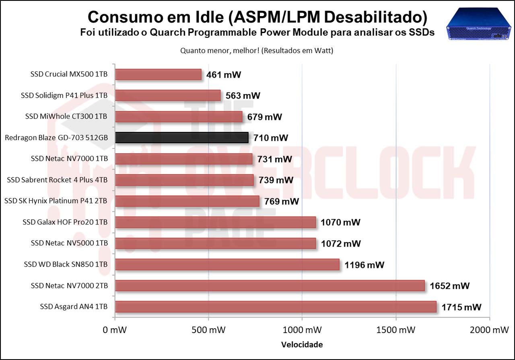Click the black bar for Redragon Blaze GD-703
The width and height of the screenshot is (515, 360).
(x=181, y=138)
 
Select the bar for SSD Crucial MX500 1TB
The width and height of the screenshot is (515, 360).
(x=158, y=75)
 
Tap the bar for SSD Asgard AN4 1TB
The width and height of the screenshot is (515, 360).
(x=276, y=307)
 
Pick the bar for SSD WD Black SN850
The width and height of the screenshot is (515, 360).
(x=227, y=265)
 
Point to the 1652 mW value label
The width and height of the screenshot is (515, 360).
(x=449, y=286)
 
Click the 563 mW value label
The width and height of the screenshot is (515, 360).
(x=243, y=96)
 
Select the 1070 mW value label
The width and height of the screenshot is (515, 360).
(x=340, y=222)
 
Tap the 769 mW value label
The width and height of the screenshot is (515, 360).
(x=282, y=201)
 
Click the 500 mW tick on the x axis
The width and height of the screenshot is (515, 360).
(x=208, y=330)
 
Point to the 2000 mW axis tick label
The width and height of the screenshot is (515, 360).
(x=489, y=330)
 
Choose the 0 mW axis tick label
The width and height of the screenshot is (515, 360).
(x=115, y=330)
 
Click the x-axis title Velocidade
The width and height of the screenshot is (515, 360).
(x=302, y=345)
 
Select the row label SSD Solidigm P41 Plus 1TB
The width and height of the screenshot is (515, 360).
(x=64, y=96)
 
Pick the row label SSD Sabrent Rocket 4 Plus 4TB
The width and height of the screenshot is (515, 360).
(x=57, y=180)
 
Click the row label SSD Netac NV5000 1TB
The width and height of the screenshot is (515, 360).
(x=69, y=243)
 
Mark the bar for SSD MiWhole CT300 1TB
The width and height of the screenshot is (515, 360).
(x=179, y=117)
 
